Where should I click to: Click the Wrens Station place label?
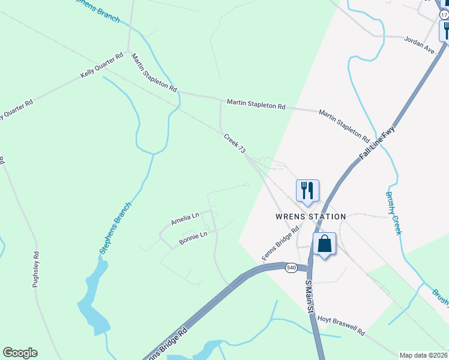310,217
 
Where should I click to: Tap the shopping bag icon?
324,244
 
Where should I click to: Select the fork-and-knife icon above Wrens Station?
307,191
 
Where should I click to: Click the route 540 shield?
291,268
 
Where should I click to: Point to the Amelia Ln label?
184,220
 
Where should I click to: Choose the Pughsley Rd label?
35,269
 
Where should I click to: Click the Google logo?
20,353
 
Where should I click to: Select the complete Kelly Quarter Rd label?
101,67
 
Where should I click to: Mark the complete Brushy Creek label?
393,213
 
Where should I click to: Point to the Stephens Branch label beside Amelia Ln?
115,229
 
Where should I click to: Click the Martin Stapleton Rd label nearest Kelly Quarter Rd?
154,72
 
